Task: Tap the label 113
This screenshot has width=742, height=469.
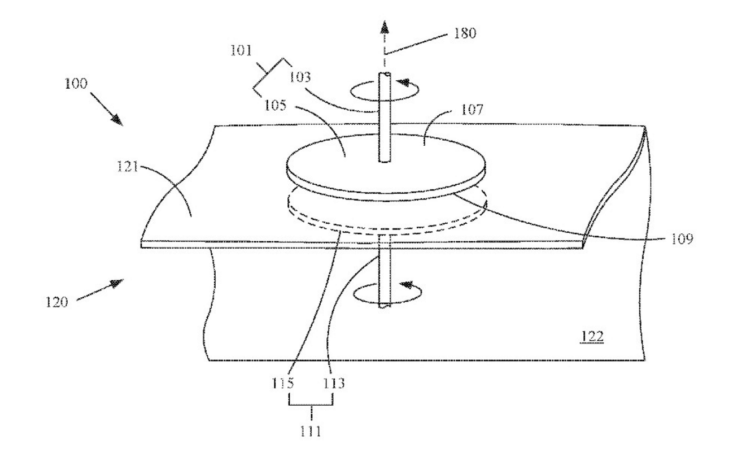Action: [334, 382]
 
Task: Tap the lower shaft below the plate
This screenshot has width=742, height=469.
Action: [384, 277]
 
